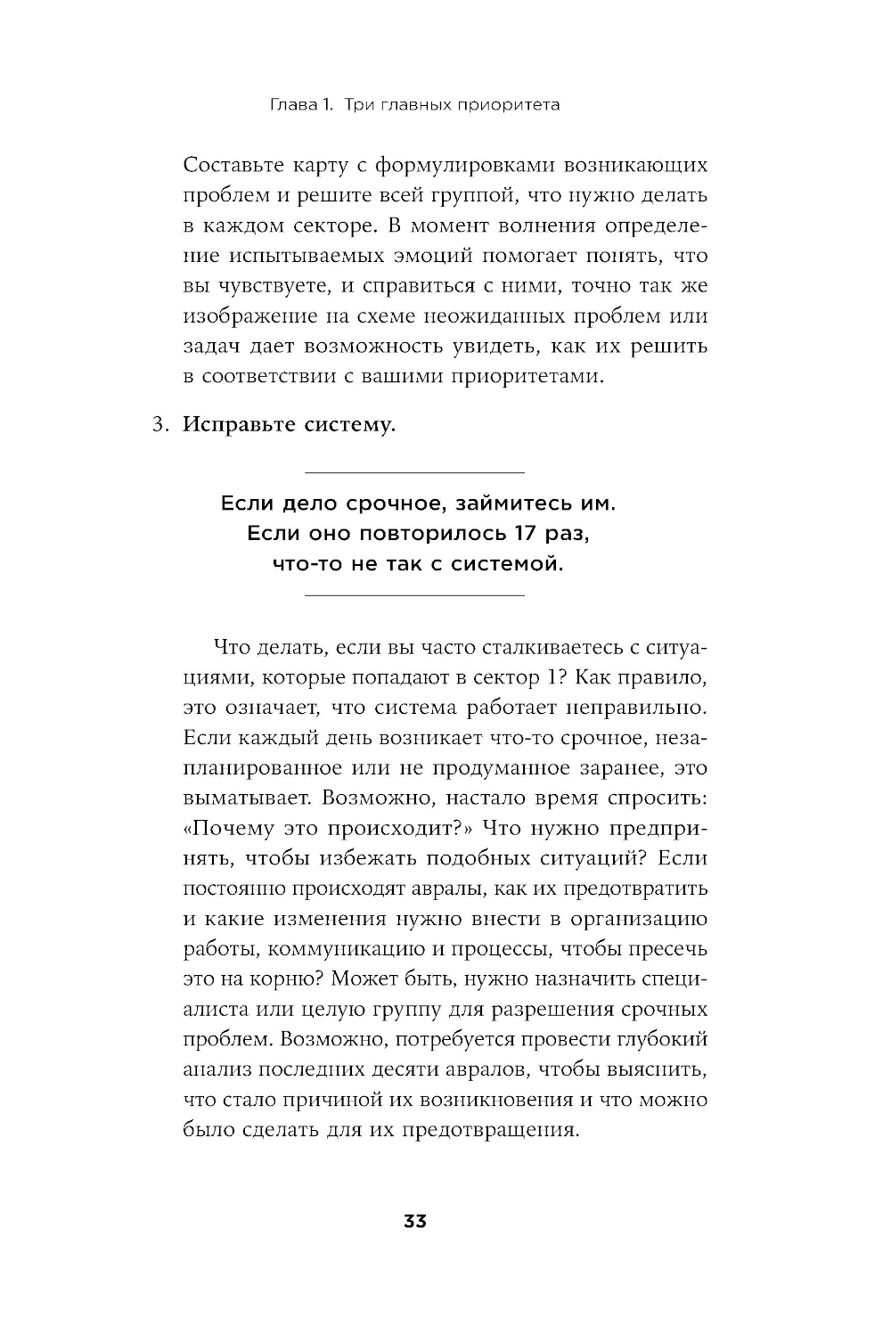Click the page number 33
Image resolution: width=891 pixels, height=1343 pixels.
click(x=415, y=1221)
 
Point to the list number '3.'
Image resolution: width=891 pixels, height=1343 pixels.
click(x=159, y=425)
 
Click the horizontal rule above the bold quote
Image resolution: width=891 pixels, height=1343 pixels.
click(x=415, y=471)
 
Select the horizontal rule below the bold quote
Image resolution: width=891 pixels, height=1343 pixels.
click(x=415, y=594)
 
